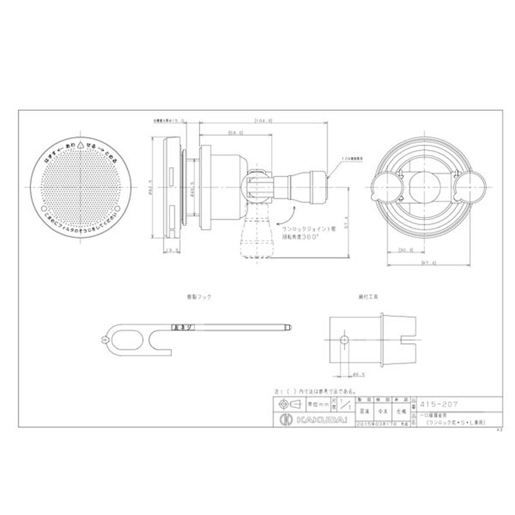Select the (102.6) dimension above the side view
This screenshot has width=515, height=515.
click(x=265, y=120)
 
